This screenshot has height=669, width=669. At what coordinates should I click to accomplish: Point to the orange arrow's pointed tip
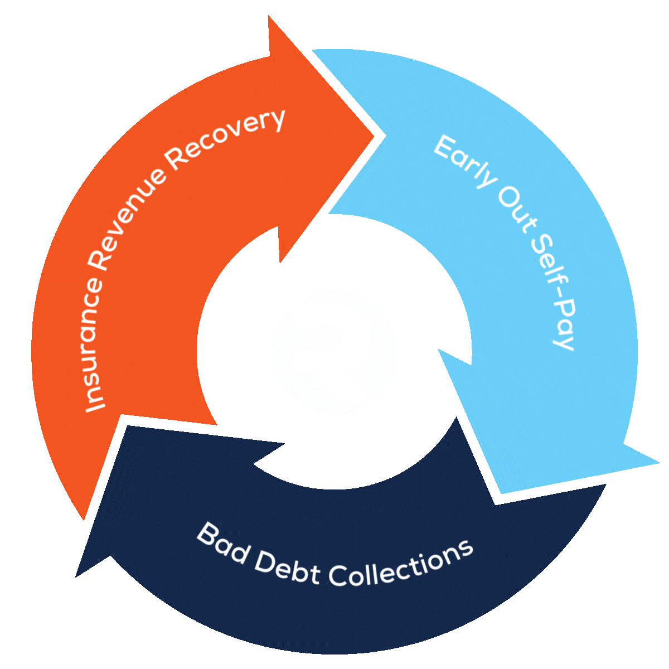(x=372, y=135)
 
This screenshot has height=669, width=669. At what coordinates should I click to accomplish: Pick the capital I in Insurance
(x=96, y=404)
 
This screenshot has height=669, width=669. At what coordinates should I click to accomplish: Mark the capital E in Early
(x=444, y=146)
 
